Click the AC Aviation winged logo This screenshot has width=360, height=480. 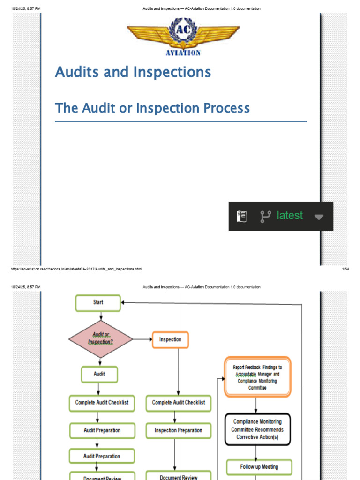pyautogui.click(x=183, y=37)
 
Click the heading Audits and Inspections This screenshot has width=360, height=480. pyautogui.click(x=133, y=72)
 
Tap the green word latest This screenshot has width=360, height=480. pyautogui.click(x=290, y=216)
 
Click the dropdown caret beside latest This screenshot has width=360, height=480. pyautogui.click(x=319, y=217)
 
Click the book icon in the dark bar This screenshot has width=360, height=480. pyautogui.click(x=241, y=216)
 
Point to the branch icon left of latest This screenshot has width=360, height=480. pyautogui.click(x=266, y=216)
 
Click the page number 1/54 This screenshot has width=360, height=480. pyautogui.click(x=345, y=269)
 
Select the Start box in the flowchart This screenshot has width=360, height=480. pyautogui.click(x=98, y=303)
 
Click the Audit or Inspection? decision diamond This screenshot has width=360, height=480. pyautogui.click(x=101, y=339)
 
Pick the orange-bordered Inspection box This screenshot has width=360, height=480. pyautogui.click(x=170, y=339)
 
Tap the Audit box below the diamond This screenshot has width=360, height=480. pyautogui.click(x=99, y=375)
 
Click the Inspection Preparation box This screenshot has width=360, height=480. pyautogui.click(x=178, y=430)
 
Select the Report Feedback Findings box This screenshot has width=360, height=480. pyautogui.click(x=257, y=377)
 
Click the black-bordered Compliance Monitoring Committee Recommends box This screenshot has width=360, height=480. pyautogui.click(x=257, y=429)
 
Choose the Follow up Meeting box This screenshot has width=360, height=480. pyautogui.click(x=259, y=467)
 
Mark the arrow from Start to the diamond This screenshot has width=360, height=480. pyautogui.click(x=101, y=316)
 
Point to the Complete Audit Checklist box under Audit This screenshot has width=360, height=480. pyautogui.click(x=102, y=403)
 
